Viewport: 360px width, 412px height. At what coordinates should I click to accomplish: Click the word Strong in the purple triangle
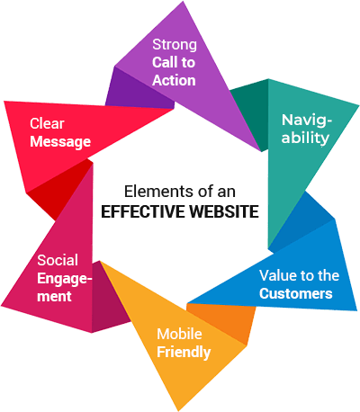[x=175, y=45]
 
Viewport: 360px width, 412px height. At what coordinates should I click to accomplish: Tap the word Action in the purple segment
[x=174, y=80]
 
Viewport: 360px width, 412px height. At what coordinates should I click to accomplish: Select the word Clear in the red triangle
[x=47, y=123]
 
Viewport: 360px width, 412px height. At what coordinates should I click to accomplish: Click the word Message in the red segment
[x=60, y=142]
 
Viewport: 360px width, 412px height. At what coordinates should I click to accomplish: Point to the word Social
[x=58, y=260]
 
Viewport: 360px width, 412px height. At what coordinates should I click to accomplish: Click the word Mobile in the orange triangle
[x=179, y=334]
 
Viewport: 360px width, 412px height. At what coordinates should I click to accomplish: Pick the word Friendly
[x=184, y=353]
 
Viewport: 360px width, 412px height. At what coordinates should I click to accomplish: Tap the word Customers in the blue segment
[x=296, y=293]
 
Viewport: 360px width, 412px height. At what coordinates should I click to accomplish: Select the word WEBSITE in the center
[x=224, y=211]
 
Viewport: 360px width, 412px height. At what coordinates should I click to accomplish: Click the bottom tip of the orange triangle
[x=179, y=410]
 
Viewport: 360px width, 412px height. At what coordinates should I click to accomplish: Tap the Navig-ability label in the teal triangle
[x=306, y=129]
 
